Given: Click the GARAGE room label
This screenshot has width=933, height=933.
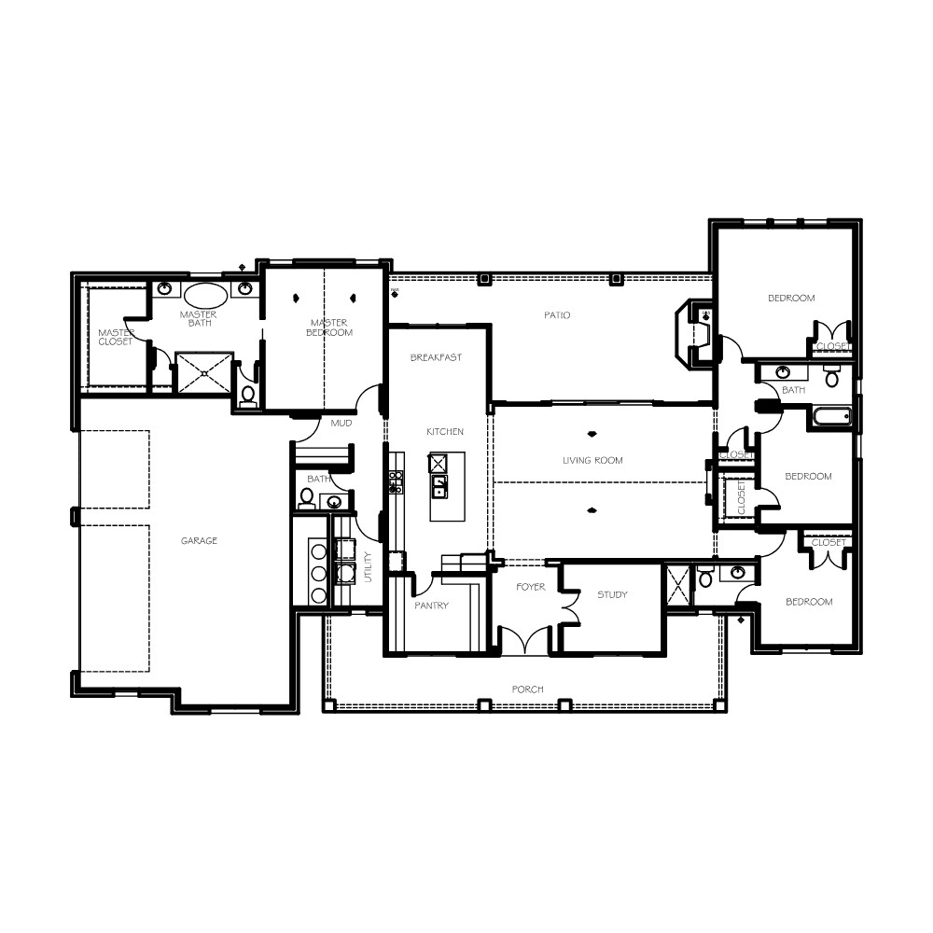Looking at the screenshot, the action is click(x=199, y=541).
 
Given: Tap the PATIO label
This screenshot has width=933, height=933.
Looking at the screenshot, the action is click(x=557, y=315).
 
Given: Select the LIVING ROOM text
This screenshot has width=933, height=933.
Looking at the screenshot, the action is click(x=592, y=461).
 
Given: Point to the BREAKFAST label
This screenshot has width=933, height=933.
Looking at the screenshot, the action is click(x=436, y=357).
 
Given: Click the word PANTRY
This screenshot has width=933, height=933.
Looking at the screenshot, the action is click(x=431, y=606).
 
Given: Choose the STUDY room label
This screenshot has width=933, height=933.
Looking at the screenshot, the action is click(x=612, y=594).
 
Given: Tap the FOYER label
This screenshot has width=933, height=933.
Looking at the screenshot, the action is click(x=531, y=587).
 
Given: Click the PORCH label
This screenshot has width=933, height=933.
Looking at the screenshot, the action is click(x=528, y=689).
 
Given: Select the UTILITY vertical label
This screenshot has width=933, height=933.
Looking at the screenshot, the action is click(x=368, y=566).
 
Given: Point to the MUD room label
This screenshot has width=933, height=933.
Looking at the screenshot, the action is click(x=341, y=423).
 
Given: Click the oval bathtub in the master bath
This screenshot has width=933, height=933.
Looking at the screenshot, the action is click(x=205, y=294).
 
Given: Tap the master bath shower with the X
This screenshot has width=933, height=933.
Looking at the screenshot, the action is click(x=204, y=373).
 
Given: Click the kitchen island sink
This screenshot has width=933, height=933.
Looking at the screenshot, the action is click(x=439, y=486).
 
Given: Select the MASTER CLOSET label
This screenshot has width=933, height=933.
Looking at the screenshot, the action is click(x=116, y=338).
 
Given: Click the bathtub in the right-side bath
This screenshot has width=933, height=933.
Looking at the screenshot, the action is click(x=832, y=416).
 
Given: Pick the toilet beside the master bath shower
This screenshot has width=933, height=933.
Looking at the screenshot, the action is click(x=248, y=395).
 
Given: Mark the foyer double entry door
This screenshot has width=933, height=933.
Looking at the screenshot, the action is click(x=525, y=640).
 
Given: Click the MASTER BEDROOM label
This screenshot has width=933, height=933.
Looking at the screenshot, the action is click(x=329, y=327).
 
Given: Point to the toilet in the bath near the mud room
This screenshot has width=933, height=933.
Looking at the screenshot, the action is click(x=306, y=498).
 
